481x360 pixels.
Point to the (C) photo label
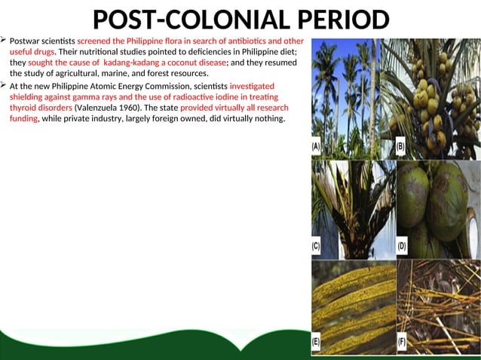coord(317,246)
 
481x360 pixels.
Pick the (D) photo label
coord(402,246)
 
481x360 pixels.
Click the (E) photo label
coord(317,343)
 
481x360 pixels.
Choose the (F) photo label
coord(401,343)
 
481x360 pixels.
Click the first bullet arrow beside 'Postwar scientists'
coord(4,39)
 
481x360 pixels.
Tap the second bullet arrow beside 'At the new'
coord(4,86)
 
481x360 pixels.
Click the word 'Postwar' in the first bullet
coord(25,40)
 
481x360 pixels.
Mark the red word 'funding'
coord(23,120)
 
